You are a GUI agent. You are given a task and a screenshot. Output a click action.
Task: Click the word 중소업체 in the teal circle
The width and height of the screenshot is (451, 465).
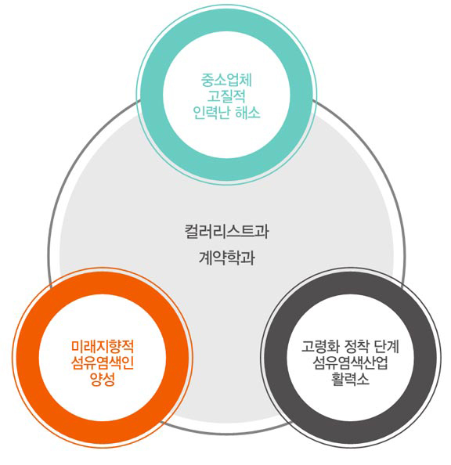coord(226,80)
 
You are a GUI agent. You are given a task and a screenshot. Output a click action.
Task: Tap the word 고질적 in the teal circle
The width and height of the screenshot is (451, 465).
coord(226,96)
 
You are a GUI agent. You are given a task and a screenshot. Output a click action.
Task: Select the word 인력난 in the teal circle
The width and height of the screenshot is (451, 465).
coord(211,113)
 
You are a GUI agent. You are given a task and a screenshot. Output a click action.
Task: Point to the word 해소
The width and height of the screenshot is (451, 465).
coord(247,113)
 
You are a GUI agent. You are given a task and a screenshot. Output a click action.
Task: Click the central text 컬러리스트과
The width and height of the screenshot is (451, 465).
coord(227,232)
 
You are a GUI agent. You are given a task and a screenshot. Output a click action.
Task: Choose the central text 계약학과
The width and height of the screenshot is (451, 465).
coord(227,257)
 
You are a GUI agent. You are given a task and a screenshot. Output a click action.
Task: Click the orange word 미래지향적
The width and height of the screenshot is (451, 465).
coord(103,346)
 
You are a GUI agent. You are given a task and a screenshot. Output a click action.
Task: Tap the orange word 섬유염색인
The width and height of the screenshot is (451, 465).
coord(103,362)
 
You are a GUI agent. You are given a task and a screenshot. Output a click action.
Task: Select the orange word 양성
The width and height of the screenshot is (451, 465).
coord(103,379)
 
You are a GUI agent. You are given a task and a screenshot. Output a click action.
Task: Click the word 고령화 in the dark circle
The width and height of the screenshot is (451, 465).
coord(320,346)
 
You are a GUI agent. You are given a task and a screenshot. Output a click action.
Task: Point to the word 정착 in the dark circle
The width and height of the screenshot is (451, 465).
coord(356,346)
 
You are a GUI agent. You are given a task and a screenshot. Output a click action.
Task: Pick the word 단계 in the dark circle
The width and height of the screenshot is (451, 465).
coord(386,346)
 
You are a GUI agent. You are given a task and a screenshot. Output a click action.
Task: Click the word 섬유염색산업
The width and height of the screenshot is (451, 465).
coord(350,362)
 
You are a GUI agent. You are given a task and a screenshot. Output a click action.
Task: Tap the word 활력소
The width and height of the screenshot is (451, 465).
coord(350,379)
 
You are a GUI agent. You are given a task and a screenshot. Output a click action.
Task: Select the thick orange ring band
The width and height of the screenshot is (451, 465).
coord(27,357)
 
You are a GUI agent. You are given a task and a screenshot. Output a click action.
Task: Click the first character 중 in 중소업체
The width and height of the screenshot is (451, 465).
coord(207,80)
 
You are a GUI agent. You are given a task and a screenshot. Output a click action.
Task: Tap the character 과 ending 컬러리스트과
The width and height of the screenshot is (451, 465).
coord(262,232)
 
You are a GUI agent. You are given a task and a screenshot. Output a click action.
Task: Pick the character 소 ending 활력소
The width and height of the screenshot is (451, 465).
coord(363,379)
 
